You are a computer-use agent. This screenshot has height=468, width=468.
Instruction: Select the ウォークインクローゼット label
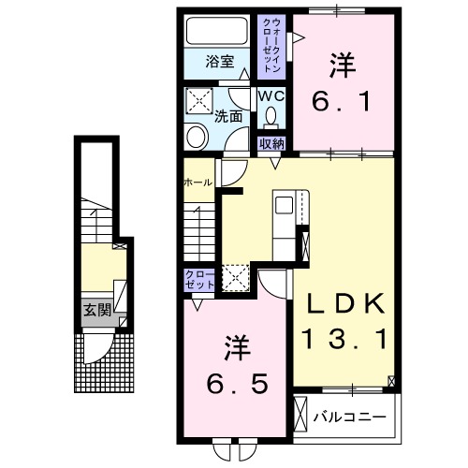(271, 44)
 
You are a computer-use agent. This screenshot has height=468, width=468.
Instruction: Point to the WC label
(271, 95)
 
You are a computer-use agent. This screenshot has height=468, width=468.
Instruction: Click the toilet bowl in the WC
(271, 117)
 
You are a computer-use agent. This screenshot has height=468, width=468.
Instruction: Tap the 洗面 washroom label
(227, 118)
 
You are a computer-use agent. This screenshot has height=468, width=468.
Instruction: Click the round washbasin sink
(197, 138)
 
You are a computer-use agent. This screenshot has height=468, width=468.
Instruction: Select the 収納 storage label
(271, 144)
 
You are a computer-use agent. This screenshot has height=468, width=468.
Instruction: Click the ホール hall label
(198, 183)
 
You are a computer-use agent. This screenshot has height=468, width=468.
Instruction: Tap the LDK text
(342, 304)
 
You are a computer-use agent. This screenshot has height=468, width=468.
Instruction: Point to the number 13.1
(342, 338)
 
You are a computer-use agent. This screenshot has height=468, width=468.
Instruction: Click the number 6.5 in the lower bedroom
(237, 383)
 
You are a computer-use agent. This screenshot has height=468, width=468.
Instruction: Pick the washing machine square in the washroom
(198, 100)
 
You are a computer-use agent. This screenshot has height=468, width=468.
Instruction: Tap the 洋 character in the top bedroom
(340, 65)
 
